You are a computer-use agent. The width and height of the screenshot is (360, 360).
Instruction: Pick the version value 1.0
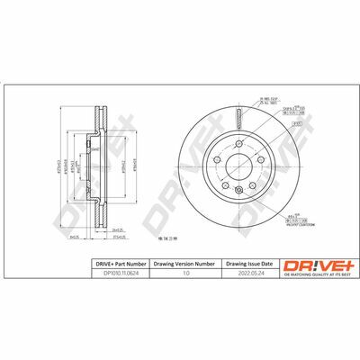click(x=185, y=273)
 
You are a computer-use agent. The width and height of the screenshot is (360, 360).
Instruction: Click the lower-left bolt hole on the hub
click(x=225, y=185)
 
